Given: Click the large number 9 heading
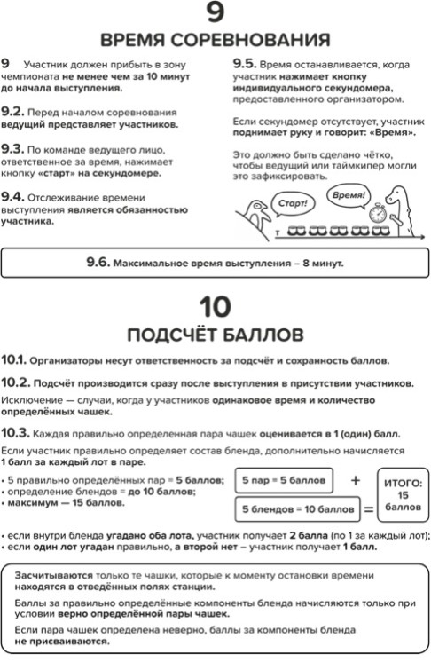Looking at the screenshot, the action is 215,12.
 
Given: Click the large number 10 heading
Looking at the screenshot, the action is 215,307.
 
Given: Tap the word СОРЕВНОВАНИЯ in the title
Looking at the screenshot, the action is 251,40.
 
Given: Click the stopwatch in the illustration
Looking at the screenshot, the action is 378,212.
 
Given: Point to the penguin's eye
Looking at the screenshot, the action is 255,207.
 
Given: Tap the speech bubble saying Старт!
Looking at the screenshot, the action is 293,203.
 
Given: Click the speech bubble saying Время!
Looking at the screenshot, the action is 349,196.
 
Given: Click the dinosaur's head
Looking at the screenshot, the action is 396,194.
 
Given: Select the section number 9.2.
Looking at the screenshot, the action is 12,112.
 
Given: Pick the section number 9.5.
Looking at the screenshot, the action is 245,64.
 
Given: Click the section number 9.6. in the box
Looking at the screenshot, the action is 98,262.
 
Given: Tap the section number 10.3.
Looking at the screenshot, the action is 15,433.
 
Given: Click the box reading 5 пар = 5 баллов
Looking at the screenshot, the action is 284,480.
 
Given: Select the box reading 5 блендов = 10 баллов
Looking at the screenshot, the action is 298,509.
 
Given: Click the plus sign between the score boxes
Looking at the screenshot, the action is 356,480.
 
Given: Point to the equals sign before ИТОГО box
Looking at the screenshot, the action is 369,509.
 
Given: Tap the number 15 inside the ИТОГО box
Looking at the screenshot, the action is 403,495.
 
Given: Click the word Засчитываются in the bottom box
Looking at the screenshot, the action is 53,575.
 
